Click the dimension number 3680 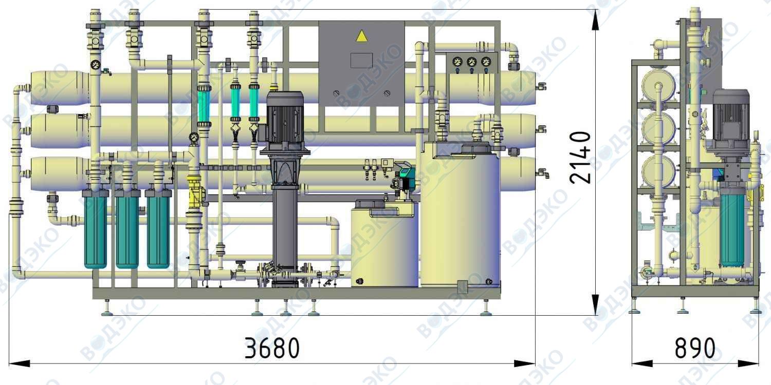[x=272, y=348]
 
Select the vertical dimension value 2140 [x=580, y=158]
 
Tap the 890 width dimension [x=695, y=348]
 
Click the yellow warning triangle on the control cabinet [x=361, y=36]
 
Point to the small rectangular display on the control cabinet [x=361, y=61]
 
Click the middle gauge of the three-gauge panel [x=471, y=62]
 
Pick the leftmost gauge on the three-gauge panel [x=457, y=62]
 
